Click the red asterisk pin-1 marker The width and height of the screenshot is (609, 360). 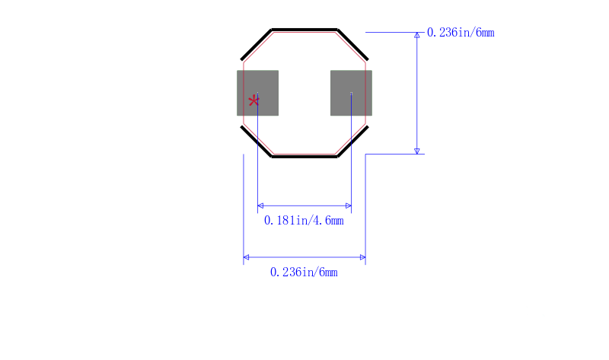[x=253, y=101]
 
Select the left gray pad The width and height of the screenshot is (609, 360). [x=257, y=93]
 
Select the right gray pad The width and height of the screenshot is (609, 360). [x=351, y=93]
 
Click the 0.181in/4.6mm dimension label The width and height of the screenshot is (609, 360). [x=304, y=221]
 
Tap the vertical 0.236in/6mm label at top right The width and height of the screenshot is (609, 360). [x=461, y=32]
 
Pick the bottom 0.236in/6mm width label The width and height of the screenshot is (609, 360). [x=304, y=272]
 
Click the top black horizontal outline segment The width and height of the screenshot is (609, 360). [x=304, y=30]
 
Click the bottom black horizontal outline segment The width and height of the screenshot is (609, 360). [x=304, y=157]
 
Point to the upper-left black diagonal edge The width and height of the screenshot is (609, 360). [x=257, y=45]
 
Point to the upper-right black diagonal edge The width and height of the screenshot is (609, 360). [x=352, y=45]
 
